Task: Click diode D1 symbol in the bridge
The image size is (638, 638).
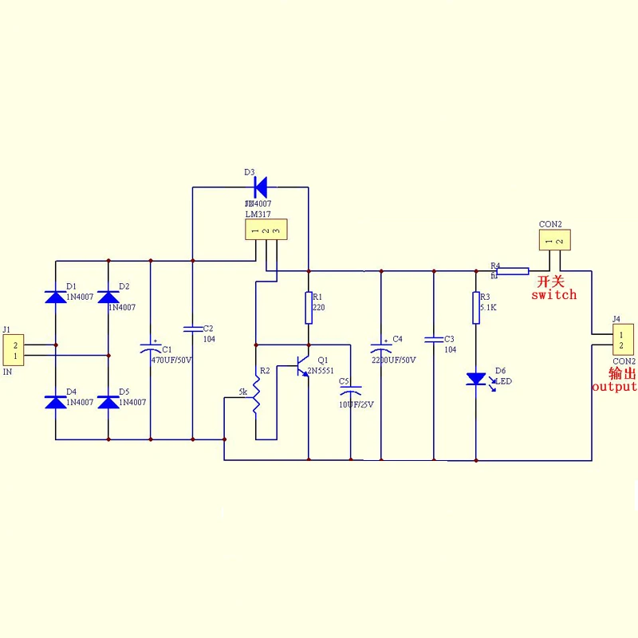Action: tap(55, 297)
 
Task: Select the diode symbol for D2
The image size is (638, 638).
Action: tap(108, 297)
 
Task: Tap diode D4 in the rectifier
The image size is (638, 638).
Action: tap(55, 402)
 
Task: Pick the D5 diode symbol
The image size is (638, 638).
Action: tap(108, 402)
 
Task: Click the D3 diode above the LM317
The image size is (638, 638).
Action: tap(260, 187)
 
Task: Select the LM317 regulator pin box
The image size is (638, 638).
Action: tap(265, 230)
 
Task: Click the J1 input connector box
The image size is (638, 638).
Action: tap(14, 350)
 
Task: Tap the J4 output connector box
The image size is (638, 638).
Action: tap(622, 338)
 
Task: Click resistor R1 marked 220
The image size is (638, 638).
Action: tap(308, 308)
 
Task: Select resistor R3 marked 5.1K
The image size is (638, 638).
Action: tap(476, 308)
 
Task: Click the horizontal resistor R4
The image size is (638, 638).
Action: tap(512, 271)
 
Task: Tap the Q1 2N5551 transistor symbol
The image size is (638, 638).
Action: tap(303, 366)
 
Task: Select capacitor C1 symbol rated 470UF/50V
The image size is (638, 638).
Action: tap(150, 348)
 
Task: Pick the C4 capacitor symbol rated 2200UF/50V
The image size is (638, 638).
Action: tap(381, 348)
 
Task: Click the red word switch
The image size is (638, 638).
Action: tap(553, 295)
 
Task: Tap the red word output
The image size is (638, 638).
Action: tap(614, 387)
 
